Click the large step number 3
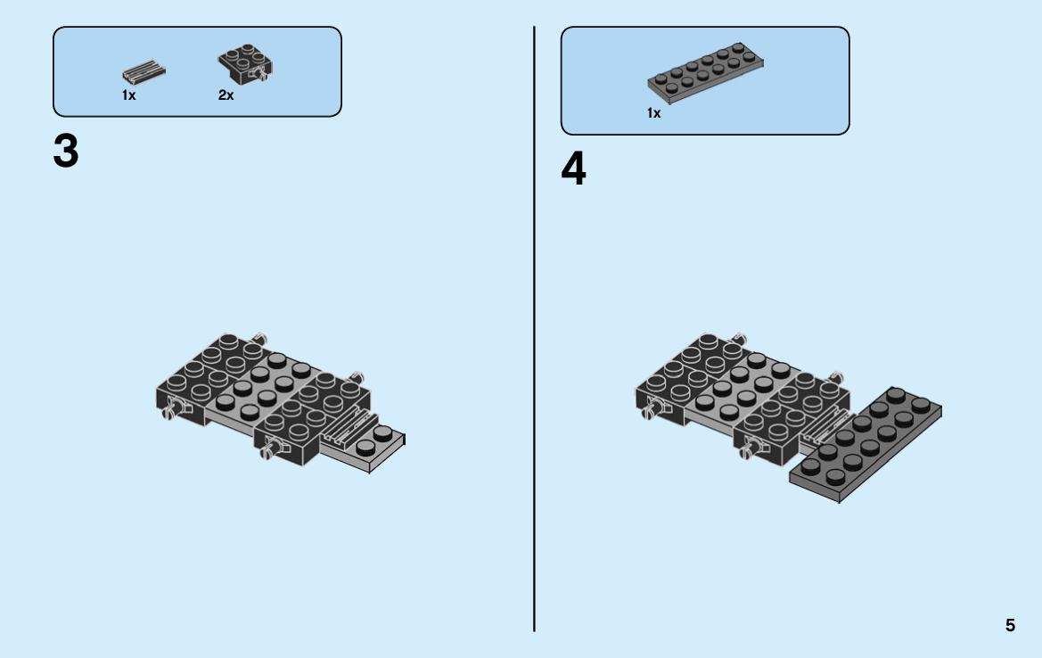coord(66,152)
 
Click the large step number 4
coord(573,169)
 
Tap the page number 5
coord(1010,625)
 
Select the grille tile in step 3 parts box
coord(144,71)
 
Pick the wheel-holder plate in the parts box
coord(245,64)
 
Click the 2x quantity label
coord(226,95)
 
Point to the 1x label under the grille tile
coord(129,95)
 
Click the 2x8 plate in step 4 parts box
coord(705,73)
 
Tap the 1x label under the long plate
coord(654,113)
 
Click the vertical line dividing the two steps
coord(534,329)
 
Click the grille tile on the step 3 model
coord(346,426)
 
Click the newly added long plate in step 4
coord(866,444)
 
